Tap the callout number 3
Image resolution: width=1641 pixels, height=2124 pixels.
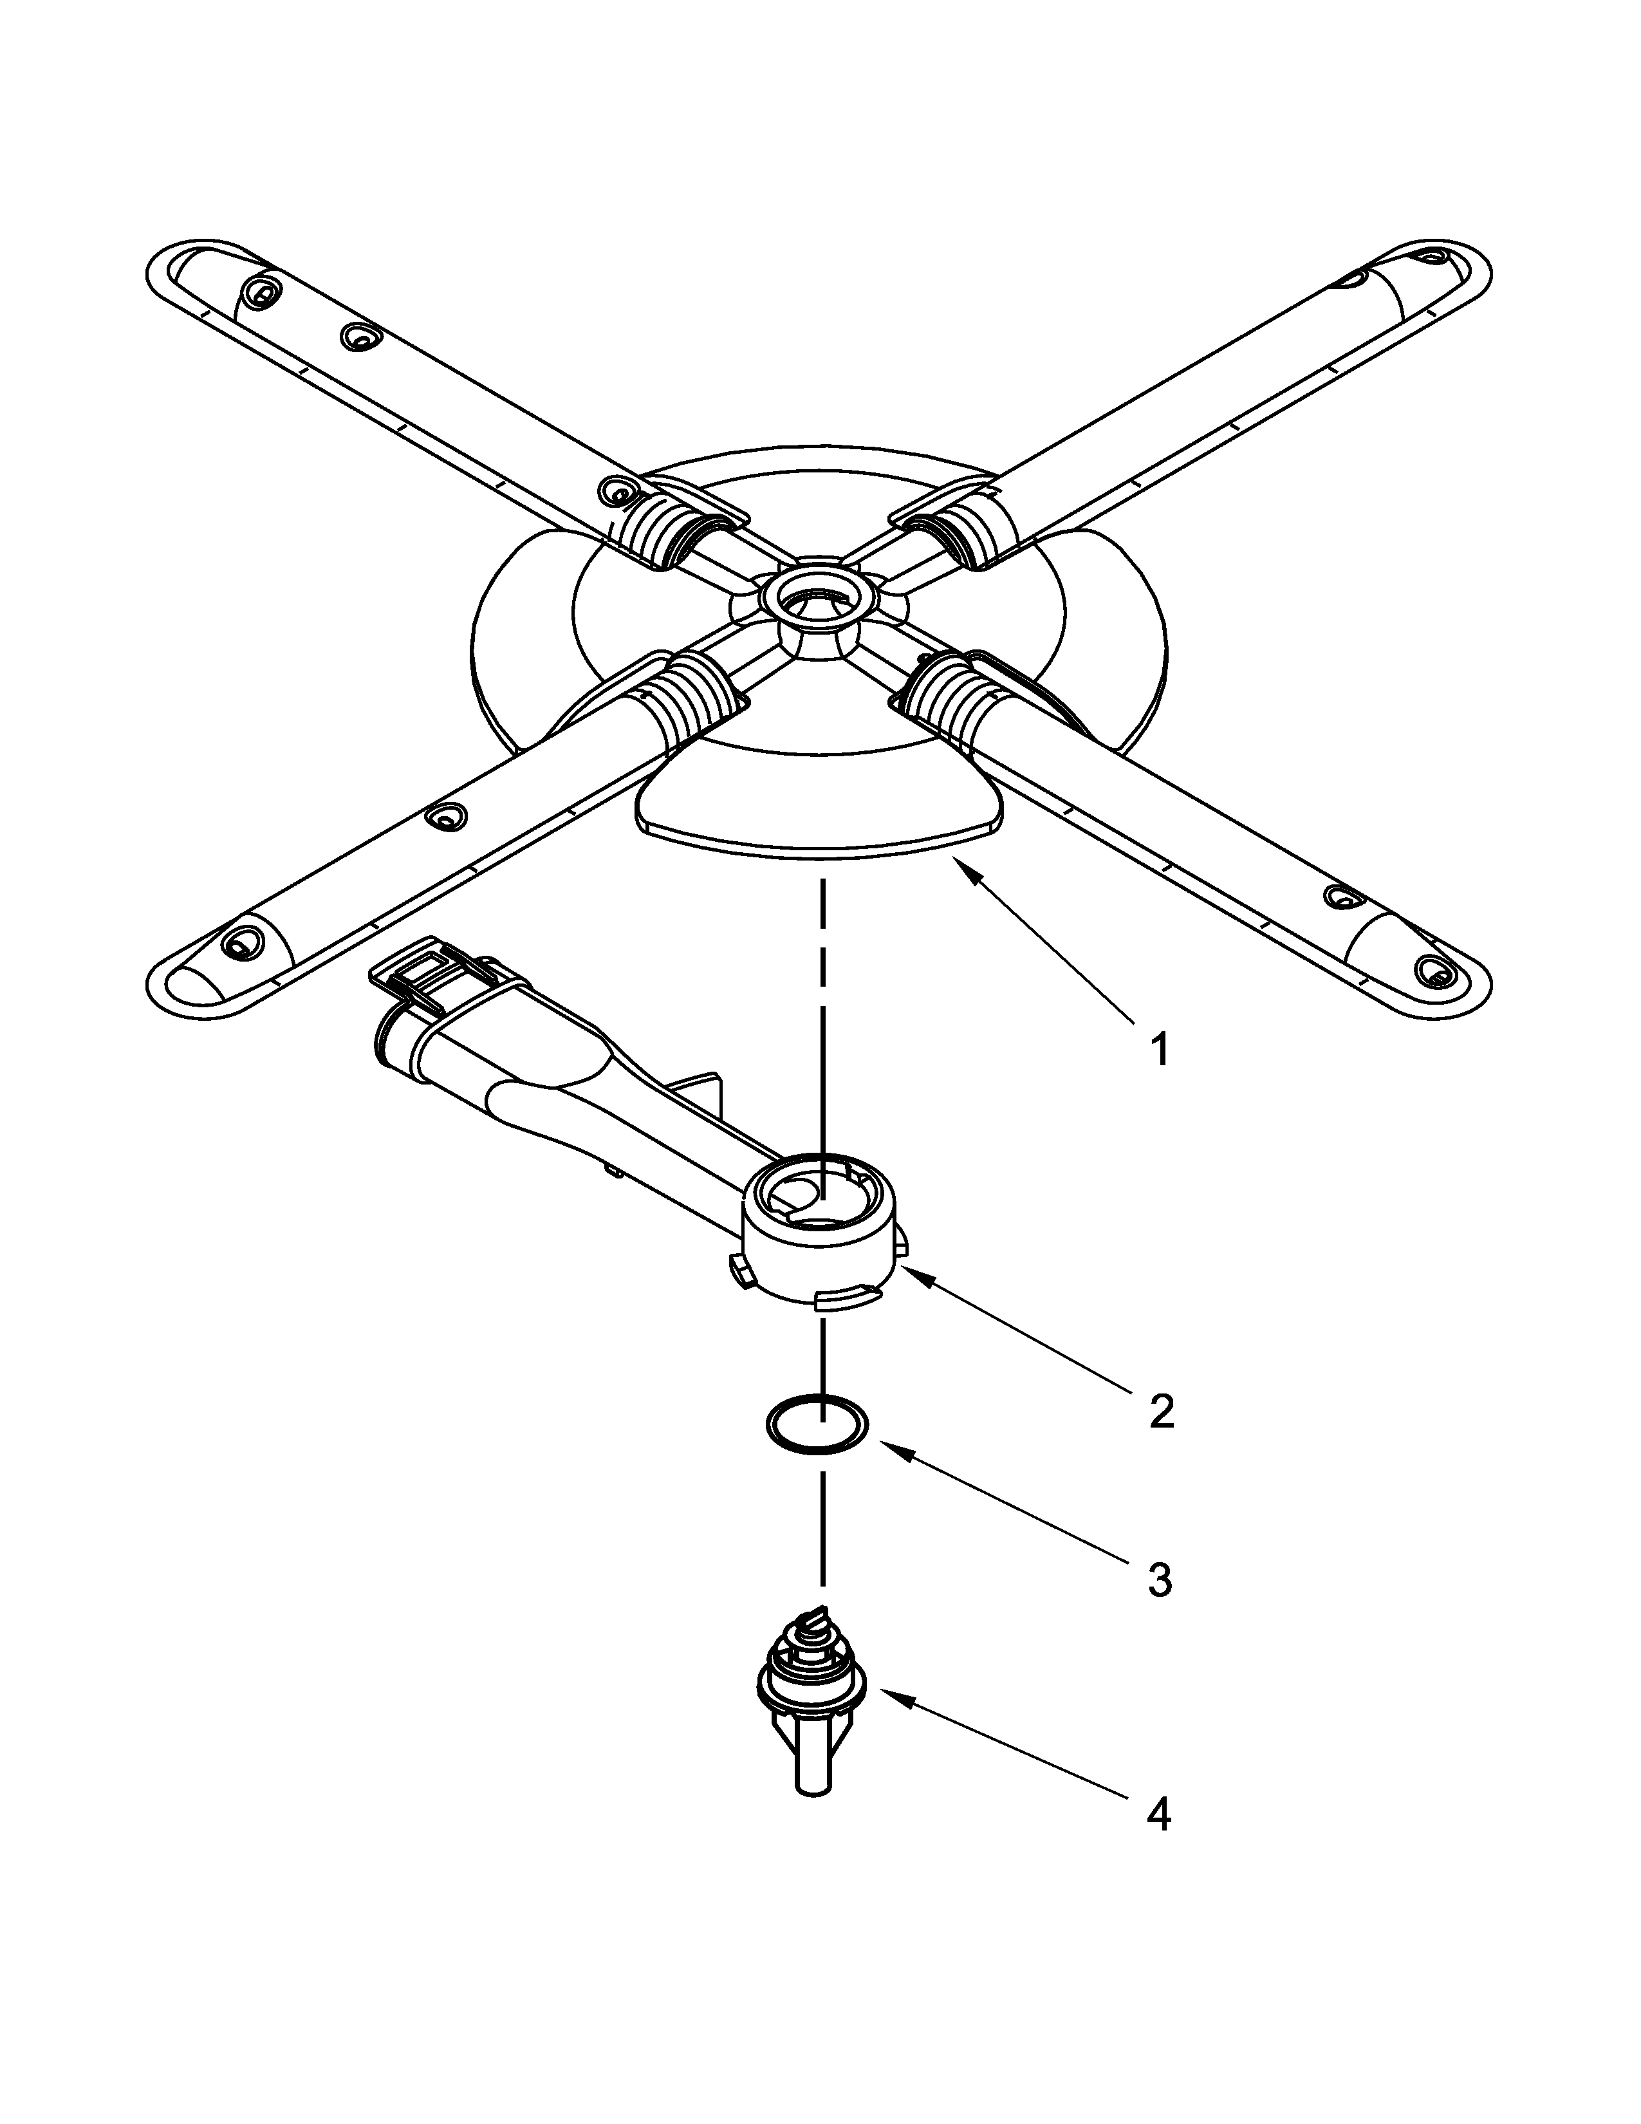tap(1159, 1581)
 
